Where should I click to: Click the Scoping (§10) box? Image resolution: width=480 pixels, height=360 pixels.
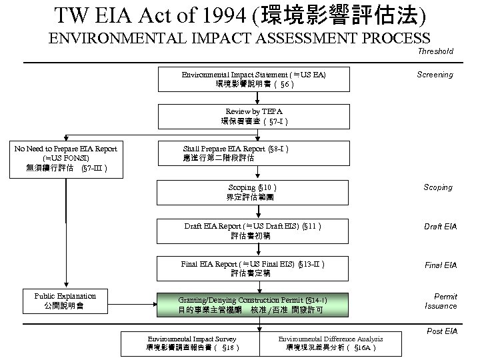coord(249,192)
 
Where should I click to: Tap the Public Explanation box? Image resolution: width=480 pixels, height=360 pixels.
coord(65,301)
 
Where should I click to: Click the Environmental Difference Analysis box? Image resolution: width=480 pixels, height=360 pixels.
coord(331,343)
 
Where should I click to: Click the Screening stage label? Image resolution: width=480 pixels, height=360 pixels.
coord(435,75)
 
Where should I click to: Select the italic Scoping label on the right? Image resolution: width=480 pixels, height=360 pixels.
coord(438,187)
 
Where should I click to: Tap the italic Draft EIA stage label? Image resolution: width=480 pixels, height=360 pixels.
coord(440,227)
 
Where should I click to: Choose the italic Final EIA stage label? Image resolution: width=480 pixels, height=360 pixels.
coord(441,265)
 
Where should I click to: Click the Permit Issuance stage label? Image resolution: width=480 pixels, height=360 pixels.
coord(441,301)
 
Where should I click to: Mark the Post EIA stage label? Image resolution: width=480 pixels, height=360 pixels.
coord(441,331)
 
